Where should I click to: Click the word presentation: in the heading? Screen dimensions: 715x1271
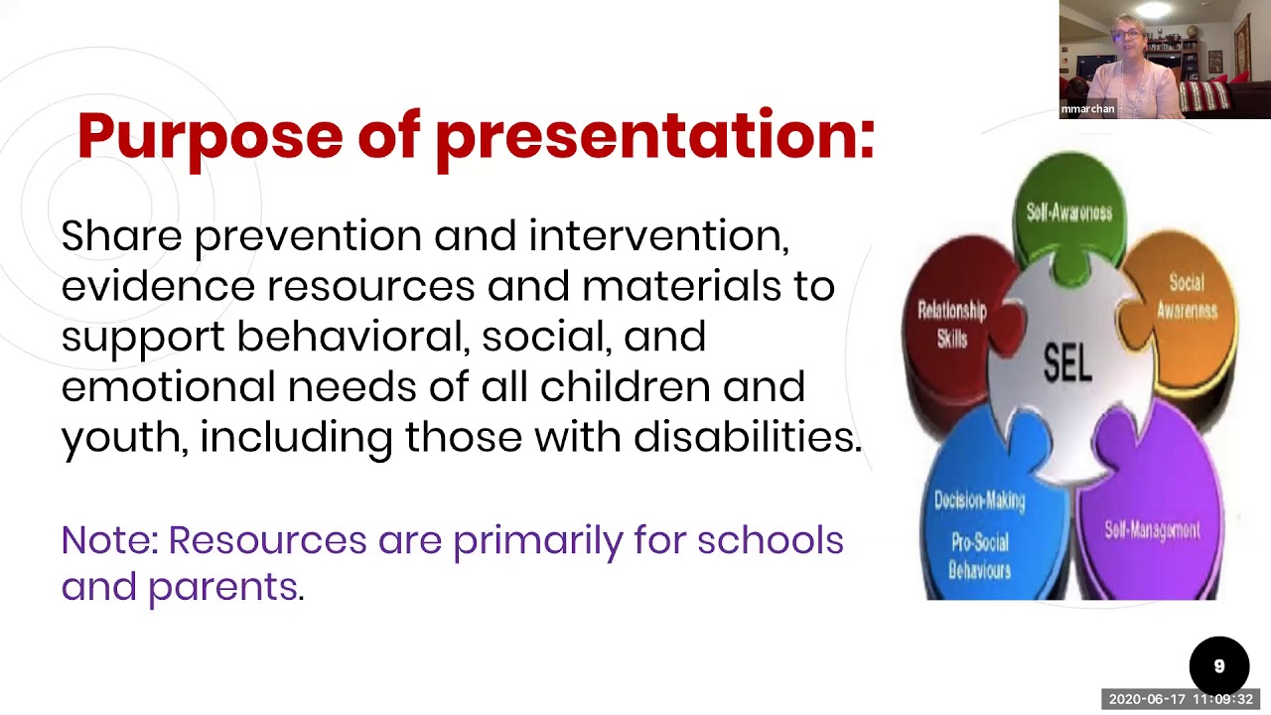tap(655, 136)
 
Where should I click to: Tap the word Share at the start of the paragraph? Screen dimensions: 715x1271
tap(121, 236)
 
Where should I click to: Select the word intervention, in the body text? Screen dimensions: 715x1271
tap(658, 236)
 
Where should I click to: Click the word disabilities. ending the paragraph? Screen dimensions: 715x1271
tap(748, 437)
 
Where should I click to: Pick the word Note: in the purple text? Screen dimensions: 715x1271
tap(109, 541)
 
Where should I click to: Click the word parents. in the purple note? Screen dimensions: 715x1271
tap(225, 588)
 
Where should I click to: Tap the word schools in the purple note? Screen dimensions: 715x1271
tap(770, 541)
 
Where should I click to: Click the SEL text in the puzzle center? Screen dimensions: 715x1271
tap(1067, 363)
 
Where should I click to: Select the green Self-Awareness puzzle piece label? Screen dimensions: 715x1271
tap(1069, 212)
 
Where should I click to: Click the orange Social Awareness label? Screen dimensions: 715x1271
tap(1186, 296)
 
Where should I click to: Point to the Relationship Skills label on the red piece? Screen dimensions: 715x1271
tap(951, 325)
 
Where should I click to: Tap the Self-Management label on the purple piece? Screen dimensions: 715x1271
tap(1152, 530)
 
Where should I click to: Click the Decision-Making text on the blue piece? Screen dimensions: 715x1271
tap(979, 500)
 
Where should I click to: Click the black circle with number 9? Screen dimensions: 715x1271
tap(1218, 666)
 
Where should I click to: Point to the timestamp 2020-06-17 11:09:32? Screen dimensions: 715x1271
tap(1181, 699)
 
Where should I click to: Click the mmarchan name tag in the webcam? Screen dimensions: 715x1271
tap(1087, 109)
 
